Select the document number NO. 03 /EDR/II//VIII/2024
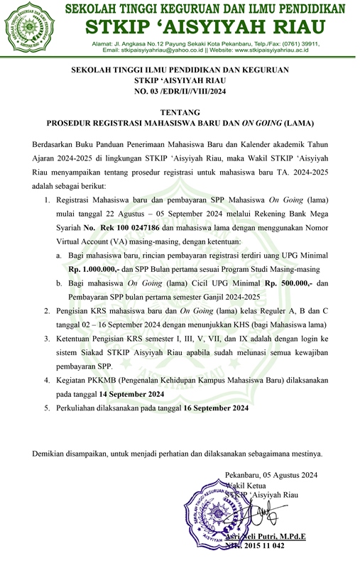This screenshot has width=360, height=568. point(179,92)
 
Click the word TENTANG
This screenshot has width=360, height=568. point(180,112)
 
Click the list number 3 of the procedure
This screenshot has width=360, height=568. point(46,340)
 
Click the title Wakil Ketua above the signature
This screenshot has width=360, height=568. point(244,486)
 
